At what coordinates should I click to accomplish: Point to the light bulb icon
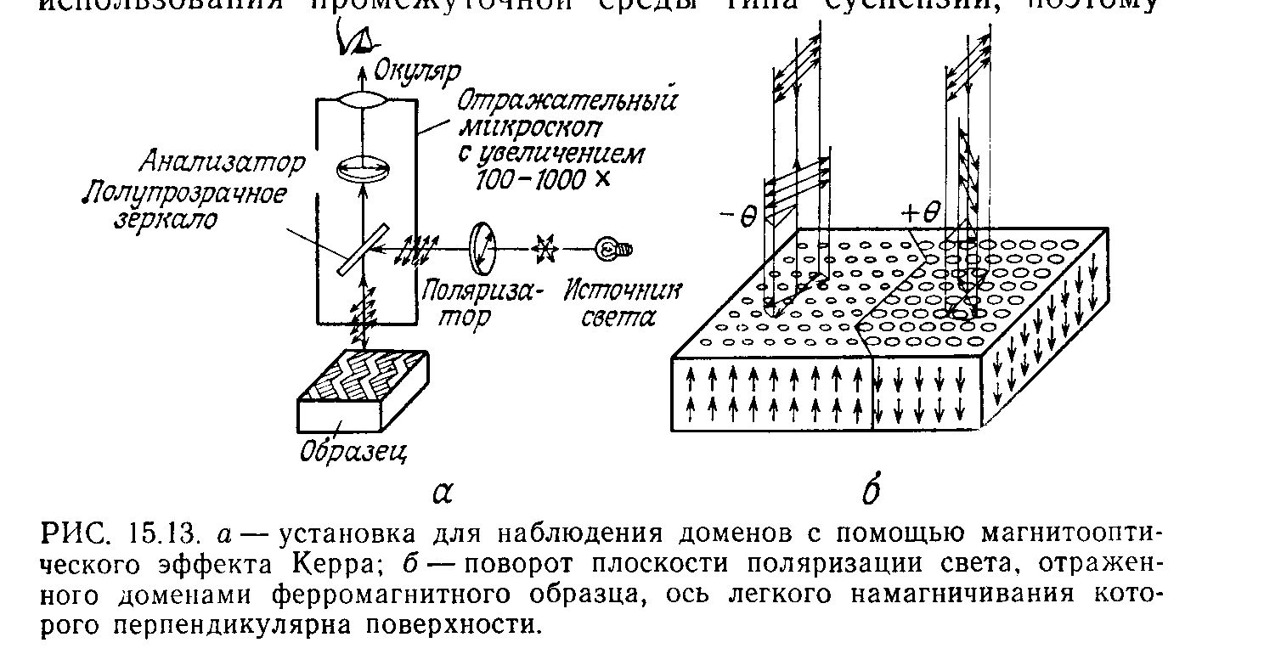click(x=615, y=249)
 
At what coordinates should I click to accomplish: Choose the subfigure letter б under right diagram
click(x=870, y=493)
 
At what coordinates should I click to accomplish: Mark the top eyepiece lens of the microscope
click(x=363, y=100)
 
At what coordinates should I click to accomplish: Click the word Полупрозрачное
click(x=183, y=194)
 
